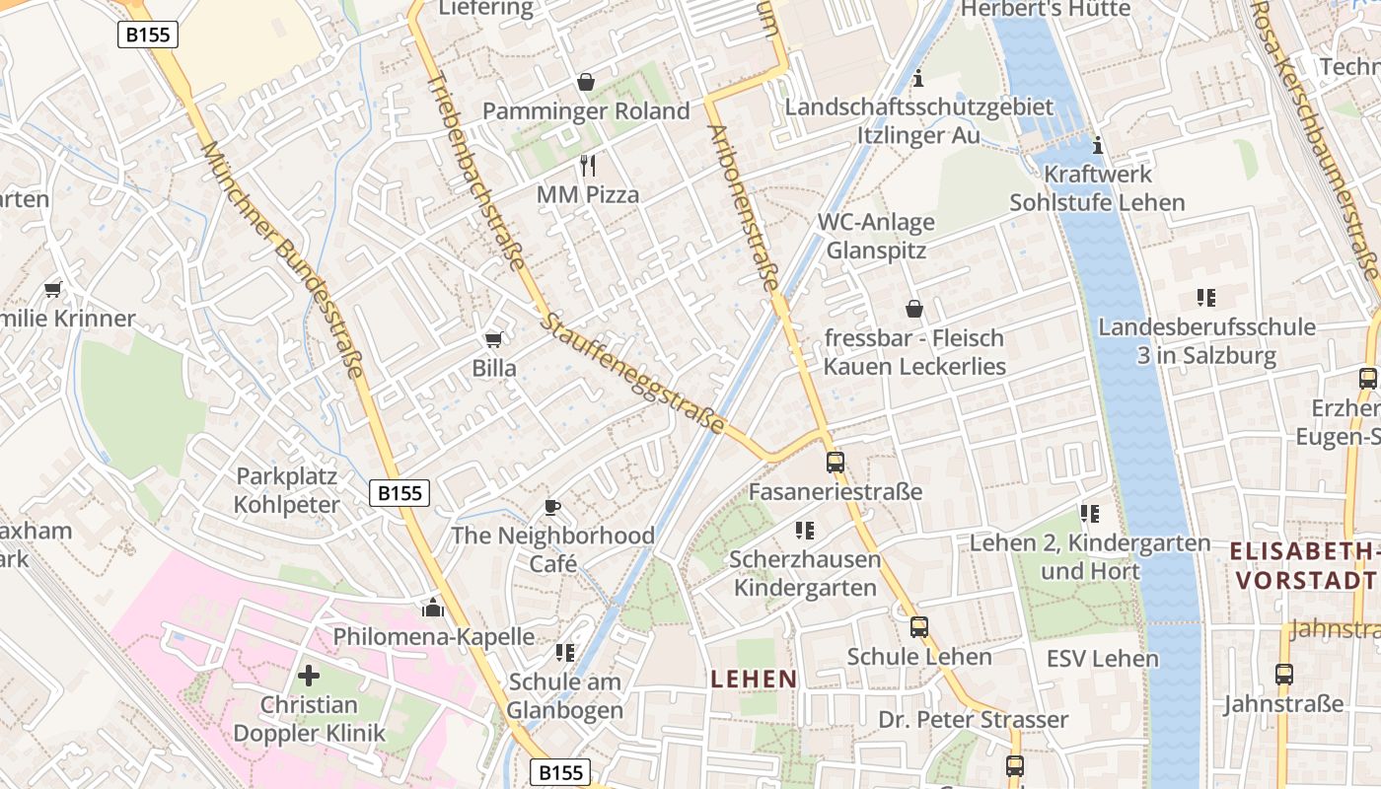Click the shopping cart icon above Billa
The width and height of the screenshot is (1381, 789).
[x=493, y=339]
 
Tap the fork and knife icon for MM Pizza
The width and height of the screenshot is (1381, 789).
[x=588, y=165]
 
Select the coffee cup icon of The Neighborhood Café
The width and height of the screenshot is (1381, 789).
[x=552, y=507]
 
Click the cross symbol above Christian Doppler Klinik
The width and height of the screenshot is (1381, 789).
[x=309, y=676]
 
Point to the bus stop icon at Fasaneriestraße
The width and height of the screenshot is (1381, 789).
[x=836, y=462]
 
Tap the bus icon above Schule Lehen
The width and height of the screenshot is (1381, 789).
[x=919, y=626]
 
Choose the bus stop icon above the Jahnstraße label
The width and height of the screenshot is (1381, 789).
[x=1283, y=675]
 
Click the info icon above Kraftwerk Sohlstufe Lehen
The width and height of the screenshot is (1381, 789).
[x=1098, y=146]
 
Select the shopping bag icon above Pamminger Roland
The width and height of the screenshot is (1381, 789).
[x=586, y=82]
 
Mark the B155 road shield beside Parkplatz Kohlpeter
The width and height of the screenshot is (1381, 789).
[x=400, y=493]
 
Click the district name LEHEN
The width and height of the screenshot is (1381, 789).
[x=754, y=679]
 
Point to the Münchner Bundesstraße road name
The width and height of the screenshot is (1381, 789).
[x=282, y=260]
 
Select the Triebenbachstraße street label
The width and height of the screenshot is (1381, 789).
[x=476, y=170]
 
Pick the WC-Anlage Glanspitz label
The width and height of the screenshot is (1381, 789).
[x=876, y=236]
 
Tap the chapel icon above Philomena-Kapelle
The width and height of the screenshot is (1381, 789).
[x=432, y=606]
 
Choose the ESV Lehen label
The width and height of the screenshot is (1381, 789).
[x=1102, y=659]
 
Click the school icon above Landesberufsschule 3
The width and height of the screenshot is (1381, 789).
[x=1204, y=297]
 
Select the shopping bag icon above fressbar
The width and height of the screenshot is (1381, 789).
[x=914, y=309]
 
